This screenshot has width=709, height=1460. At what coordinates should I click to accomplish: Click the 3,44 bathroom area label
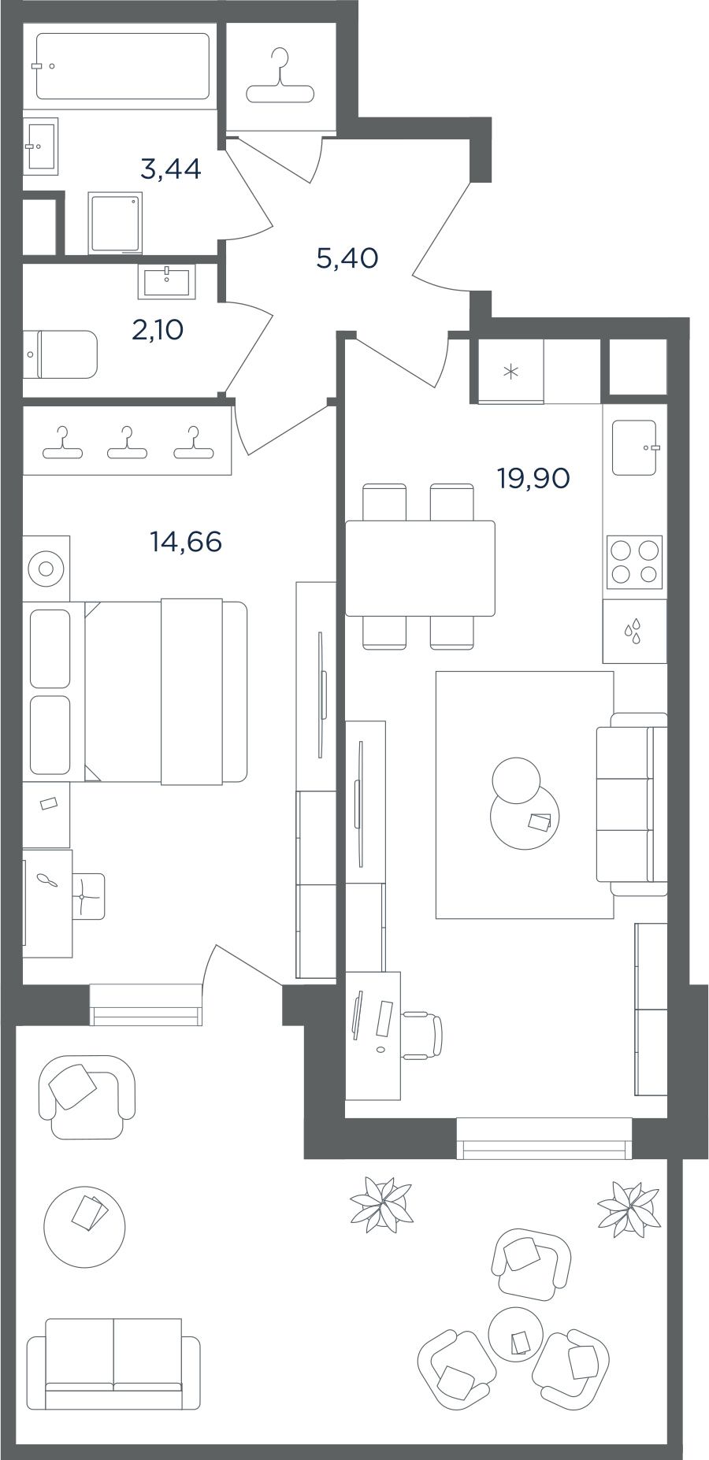point(170,169)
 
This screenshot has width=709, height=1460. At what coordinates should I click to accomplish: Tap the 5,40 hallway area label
point(347,258)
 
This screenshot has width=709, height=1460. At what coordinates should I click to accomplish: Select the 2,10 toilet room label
point(158,330)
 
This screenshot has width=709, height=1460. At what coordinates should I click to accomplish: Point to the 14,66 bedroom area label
point(186,542)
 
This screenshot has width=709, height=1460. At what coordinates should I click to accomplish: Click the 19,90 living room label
point(533,477)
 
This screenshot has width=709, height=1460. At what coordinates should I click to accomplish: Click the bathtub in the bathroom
point(122,66)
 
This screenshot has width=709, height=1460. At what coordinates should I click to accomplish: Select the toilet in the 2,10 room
point(61,354)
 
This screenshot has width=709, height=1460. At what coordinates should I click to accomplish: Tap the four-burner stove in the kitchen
point(634,562)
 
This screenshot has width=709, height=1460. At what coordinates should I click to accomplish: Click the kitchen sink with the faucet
point(635,447)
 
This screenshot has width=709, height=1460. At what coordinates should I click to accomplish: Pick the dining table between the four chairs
point(420,568)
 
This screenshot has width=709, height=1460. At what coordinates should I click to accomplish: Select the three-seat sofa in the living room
point(632,804)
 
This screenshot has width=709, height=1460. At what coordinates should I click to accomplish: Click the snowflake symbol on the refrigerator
point(510,372)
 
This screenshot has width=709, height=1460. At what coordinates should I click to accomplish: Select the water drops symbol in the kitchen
point(633,632)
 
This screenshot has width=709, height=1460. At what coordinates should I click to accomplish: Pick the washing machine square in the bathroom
point(115,224)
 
